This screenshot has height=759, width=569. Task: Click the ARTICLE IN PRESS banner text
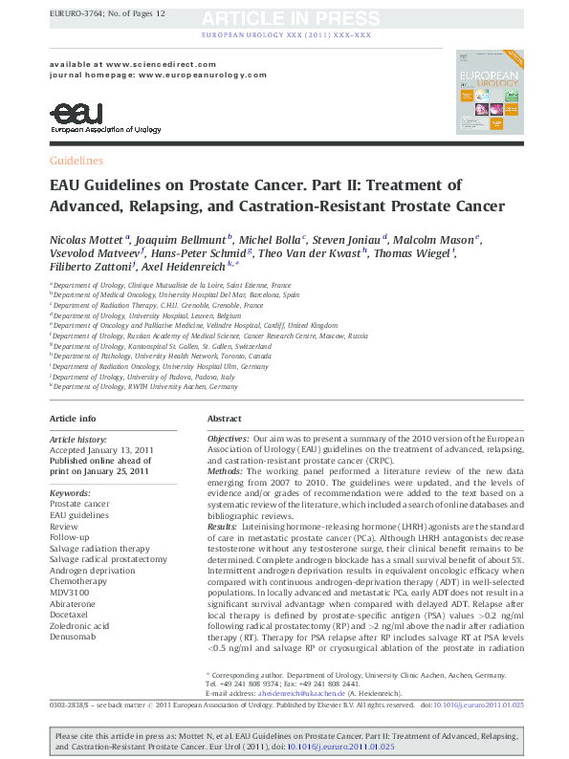click(x=286, y=17)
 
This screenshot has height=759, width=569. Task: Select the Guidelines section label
click(x=76, y=161)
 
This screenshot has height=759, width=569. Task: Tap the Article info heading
click(x=73, y=419)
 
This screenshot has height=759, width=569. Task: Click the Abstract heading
click(x=224, y=419)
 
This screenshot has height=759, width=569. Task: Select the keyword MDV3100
click(x=69, y=592)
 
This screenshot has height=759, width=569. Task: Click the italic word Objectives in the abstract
click(x=229, y=437)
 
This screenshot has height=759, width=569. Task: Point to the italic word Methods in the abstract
click(x=226, y=470)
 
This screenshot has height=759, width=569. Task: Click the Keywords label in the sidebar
click(x=69, y=492)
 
